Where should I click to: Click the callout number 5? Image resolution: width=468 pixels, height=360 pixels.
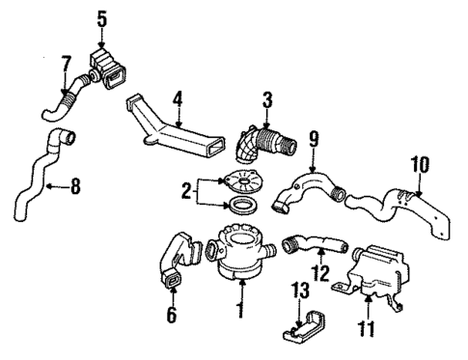(x=102, y=16)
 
